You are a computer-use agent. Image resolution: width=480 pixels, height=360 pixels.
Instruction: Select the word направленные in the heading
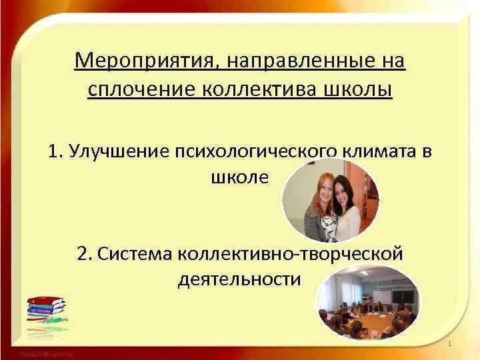[302, 62]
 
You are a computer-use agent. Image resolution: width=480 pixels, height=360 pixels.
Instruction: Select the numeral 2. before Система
[84, 253]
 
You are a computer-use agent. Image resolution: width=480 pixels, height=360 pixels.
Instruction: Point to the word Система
[134, 253]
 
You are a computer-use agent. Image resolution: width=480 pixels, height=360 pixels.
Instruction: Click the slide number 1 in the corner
[451, 344]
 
